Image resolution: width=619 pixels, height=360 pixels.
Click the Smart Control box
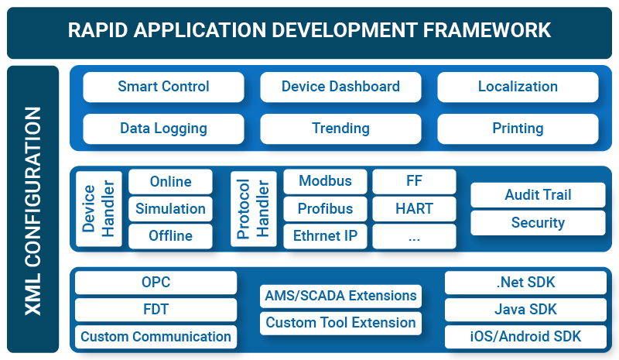click(163, 87)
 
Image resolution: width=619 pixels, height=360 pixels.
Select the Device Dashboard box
click(340, 87)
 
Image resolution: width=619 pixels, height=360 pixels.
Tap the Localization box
click(518, 87)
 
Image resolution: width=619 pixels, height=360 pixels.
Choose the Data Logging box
click(163, 129)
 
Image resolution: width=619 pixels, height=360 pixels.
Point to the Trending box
click(340, 129)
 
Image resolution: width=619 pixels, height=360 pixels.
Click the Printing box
click(518, 129)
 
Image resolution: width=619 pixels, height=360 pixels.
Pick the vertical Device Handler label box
click(99, 209)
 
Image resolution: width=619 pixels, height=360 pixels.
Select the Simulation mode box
click(170, 209)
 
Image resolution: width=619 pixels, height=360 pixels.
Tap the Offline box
click(170, 236)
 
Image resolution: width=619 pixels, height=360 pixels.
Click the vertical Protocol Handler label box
click(253, 209)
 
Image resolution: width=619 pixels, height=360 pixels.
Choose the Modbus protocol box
click(325, 182)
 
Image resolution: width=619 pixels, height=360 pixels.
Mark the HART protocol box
click(414, 209)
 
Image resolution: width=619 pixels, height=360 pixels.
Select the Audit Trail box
click(537, 195)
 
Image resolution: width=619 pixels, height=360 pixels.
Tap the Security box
click(537, 223)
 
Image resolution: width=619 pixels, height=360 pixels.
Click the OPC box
click(156, 283)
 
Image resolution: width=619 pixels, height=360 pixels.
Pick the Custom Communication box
click(156, 337)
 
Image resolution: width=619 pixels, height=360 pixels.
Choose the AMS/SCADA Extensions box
click(340, 296)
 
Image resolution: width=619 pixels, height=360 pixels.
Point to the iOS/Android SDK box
click(526, 337)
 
